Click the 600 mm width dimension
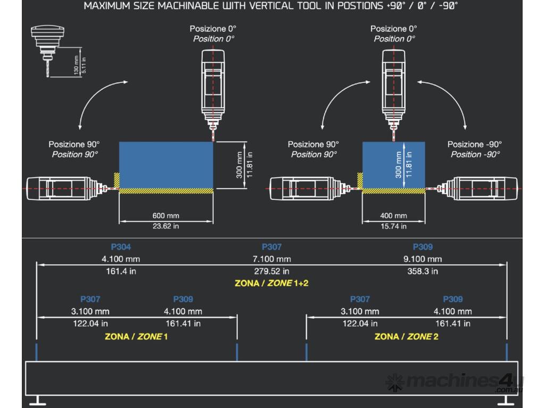coord(166,216)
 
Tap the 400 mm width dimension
coord(393,216)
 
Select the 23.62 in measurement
coord(166,226)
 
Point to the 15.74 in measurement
coord(393,226)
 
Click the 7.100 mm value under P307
coord(271,259)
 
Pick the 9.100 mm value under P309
coord(423,259)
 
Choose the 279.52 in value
coord(271,271)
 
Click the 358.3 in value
coord(423,271)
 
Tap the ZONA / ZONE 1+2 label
coord(271,283)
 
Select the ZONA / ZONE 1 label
coord(136,337)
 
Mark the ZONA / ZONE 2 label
coord(407,337)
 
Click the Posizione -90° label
coord(475,144)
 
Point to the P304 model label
coord(121,247)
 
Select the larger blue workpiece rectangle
coord(166,165)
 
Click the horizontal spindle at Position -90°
coord(476,189)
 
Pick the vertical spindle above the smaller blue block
coord(393,88)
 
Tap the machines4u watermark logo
coord(455,382)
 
